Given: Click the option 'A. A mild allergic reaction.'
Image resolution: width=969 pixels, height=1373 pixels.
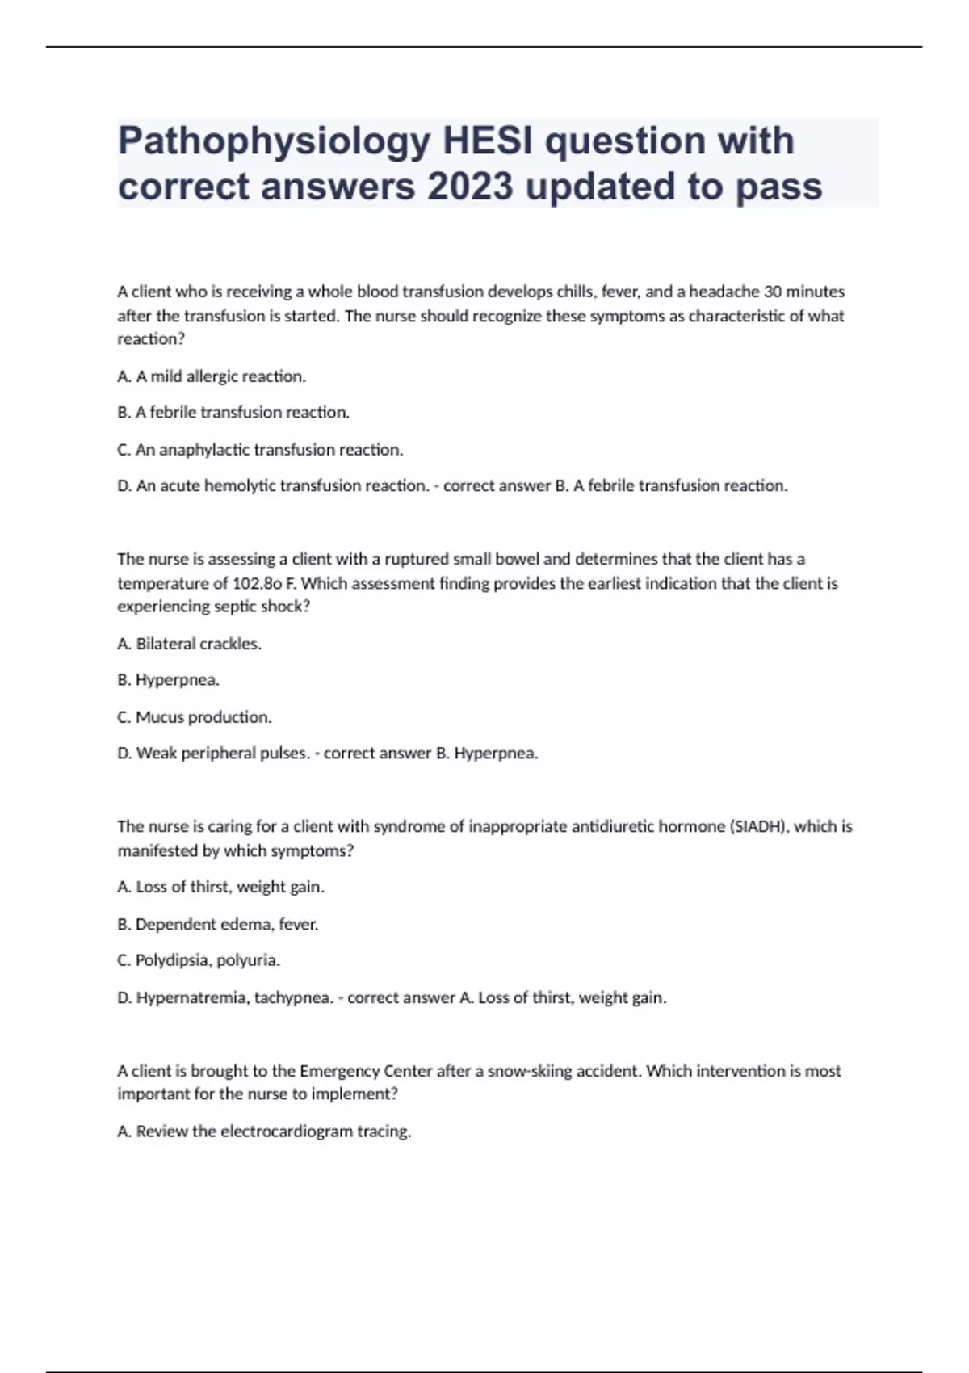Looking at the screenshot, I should click(x=212, y=376).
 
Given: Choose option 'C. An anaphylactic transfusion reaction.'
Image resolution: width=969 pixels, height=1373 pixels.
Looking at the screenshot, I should click(x=260, y=450).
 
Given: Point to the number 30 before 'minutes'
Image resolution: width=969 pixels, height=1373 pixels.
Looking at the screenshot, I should click(x=773, y=292).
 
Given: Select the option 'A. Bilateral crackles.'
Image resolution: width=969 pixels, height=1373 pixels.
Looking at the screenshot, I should click(x=190, y=644).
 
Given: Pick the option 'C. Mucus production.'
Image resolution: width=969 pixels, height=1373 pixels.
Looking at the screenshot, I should click(x=195, y=717).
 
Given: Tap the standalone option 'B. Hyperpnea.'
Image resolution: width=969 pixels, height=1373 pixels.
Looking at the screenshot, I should click(x=169, y=680).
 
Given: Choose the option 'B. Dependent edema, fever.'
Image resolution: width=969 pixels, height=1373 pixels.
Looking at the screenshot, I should click(x=218, y=924).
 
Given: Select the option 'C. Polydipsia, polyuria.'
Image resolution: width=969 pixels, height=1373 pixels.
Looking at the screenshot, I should click(x=199, y=960).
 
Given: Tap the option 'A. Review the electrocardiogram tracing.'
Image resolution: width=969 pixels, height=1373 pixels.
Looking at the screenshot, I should click(x=264, y=1132).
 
